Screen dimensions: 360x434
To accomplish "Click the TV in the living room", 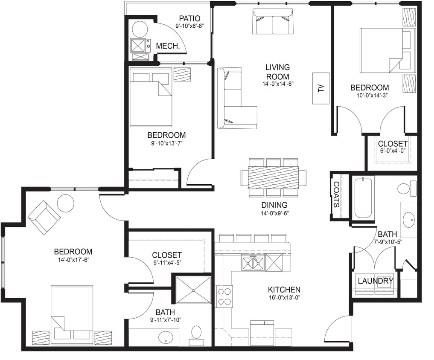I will pyautogui.click(x=321, y=88).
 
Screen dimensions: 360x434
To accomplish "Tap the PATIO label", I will pyautogui.click(x=189, y=18).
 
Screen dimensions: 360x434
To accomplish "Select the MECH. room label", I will pyautogui.click(x=167, y=46).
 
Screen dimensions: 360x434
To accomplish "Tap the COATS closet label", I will pyautogui.click(x=336, y=195).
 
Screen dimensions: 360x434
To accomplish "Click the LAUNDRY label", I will pyautogui.click(x=375, y=281).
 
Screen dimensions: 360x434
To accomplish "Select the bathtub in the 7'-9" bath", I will pyautogui.click(x=364, y=197).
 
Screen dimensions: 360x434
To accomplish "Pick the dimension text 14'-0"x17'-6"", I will pyautogui.click(x=73, y=259).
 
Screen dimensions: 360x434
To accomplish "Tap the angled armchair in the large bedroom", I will pyautogui.click(x=44, y=217).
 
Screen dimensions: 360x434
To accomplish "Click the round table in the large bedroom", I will pyautogui.click(x=66, y=203).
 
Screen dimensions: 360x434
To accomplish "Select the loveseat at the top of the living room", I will pyautogui.click(x=273, y=22).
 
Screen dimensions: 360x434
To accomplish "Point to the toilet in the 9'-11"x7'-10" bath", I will pyautogui.click(x=196, y=334).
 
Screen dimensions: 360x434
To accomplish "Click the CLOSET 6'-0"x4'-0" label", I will pyautogui.click(x=392, y=147).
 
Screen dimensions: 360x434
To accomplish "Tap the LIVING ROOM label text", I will pyautogui.click(x=277, y=72).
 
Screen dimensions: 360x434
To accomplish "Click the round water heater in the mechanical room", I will pyautogui.click(x=140, y=29).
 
